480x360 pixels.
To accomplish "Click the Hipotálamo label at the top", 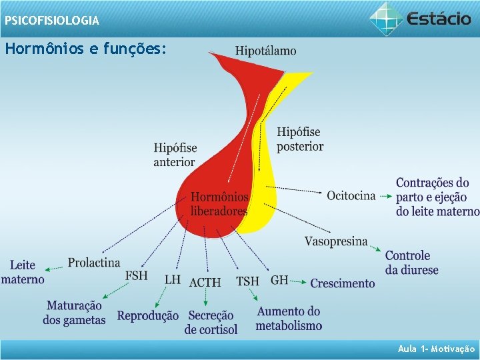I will point(266,51).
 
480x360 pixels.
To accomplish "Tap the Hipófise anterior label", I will point(175,155).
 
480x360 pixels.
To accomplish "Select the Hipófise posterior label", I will point(299,139).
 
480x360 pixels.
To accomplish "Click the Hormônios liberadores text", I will point(219,204).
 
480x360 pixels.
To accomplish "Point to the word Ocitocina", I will point(351,195).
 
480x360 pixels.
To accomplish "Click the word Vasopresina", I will point(336,241).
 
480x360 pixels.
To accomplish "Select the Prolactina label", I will point(94,263).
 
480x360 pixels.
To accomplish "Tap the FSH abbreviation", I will point(137,275).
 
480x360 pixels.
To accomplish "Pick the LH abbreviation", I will point(173,279).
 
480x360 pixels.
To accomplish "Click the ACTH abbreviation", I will point(205,283).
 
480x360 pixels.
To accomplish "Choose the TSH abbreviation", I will point(247,281).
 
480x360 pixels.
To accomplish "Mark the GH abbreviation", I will point(279,280).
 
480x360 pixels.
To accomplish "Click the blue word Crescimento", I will point(343,283).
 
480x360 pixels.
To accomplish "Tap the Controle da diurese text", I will point(411,263).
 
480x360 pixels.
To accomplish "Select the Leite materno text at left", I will point(23,272).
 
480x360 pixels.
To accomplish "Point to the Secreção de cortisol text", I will point(211,323).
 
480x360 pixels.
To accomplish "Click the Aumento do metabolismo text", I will point(289,319).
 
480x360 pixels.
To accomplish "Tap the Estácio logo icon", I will point(386,18).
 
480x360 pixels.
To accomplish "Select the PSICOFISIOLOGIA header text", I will point(52,21).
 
